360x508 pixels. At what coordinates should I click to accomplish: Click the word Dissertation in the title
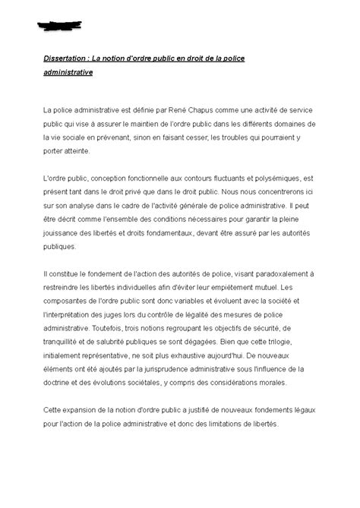pos(65,59)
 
